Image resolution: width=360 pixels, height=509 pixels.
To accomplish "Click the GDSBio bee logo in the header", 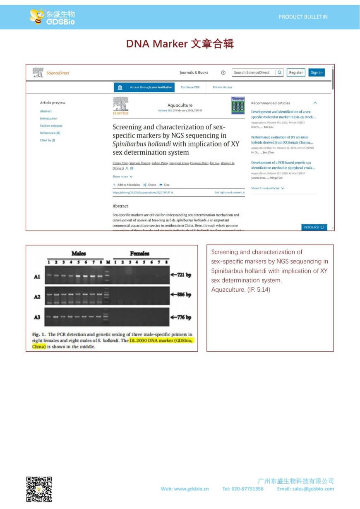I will coord(52,17).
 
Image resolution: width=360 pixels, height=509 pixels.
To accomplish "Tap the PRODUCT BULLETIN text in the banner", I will coord(303,17).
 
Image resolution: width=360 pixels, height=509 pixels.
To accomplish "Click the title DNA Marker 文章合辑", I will coord(180,44).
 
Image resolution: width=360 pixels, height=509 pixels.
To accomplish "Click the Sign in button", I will coord(317,72).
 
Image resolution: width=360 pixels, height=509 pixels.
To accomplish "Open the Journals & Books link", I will coord(194,72).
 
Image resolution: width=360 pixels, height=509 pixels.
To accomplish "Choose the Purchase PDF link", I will coord(190,87).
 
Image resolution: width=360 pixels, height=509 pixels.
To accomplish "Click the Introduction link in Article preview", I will coord(48,118).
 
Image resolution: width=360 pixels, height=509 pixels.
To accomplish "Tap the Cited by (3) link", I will coord(47,140).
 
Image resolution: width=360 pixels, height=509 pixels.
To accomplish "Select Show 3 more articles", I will coord(267,188).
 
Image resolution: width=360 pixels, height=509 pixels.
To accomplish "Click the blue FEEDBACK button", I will coord(314,227).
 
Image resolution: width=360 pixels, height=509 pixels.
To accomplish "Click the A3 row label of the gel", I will coord(37,317).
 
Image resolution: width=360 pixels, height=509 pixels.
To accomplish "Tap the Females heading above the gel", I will coord(139,253).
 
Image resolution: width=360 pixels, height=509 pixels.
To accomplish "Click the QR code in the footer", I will coord(39,489).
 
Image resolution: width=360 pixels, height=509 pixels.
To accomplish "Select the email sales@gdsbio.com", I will coord(305,489).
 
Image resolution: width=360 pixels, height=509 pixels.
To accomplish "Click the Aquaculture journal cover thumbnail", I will coord(238,106).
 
